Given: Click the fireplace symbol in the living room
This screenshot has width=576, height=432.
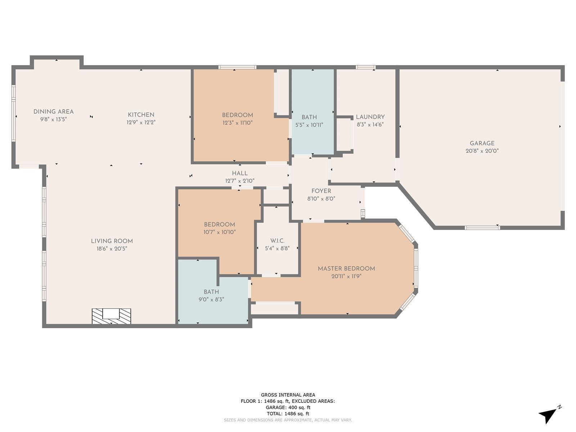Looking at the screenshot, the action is (x=111, y=316).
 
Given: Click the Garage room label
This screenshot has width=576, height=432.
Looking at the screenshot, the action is (x=482, y=143).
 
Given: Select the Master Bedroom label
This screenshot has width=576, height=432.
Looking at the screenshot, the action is (x=346, y=269).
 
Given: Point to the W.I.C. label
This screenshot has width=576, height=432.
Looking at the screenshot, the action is (x=277, y=241).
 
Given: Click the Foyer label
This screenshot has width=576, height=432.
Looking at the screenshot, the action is (x=321, y=191).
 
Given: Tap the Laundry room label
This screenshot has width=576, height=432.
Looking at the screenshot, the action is (x=370, y=117).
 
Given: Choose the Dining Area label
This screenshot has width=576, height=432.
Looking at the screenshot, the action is (x=54, y=112).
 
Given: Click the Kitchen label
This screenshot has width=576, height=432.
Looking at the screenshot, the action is (x=141, y=114).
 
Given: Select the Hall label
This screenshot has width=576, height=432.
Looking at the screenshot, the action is (x=240, y=173).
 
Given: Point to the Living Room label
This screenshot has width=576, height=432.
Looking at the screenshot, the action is (x=112, y=241).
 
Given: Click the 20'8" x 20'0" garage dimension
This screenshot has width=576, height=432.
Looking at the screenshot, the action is (x=482, y=151).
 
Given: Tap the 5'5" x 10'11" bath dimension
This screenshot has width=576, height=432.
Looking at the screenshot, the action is (x=309, y=125).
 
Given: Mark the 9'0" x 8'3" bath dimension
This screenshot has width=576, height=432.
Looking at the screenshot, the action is (x=211, y=299).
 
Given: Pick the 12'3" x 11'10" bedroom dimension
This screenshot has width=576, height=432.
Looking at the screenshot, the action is (x=238, y=122).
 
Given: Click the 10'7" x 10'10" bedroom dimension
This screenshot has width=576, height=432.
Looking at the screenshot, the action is (x=219, y=232).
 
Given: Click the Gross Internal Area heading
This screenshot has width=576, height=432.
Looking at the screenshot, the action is (x=288, y=395).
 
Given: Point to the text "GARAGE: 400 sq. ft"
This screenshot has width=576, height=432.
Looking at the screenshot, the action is (x=288, y=408).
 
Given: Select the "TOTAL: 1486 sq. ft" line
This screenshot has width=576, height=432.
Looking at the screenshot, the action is (x=288, y=414).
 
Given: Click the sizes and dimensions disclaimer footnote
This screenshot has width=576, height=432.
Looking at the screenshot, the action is (x=288, y=420).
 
